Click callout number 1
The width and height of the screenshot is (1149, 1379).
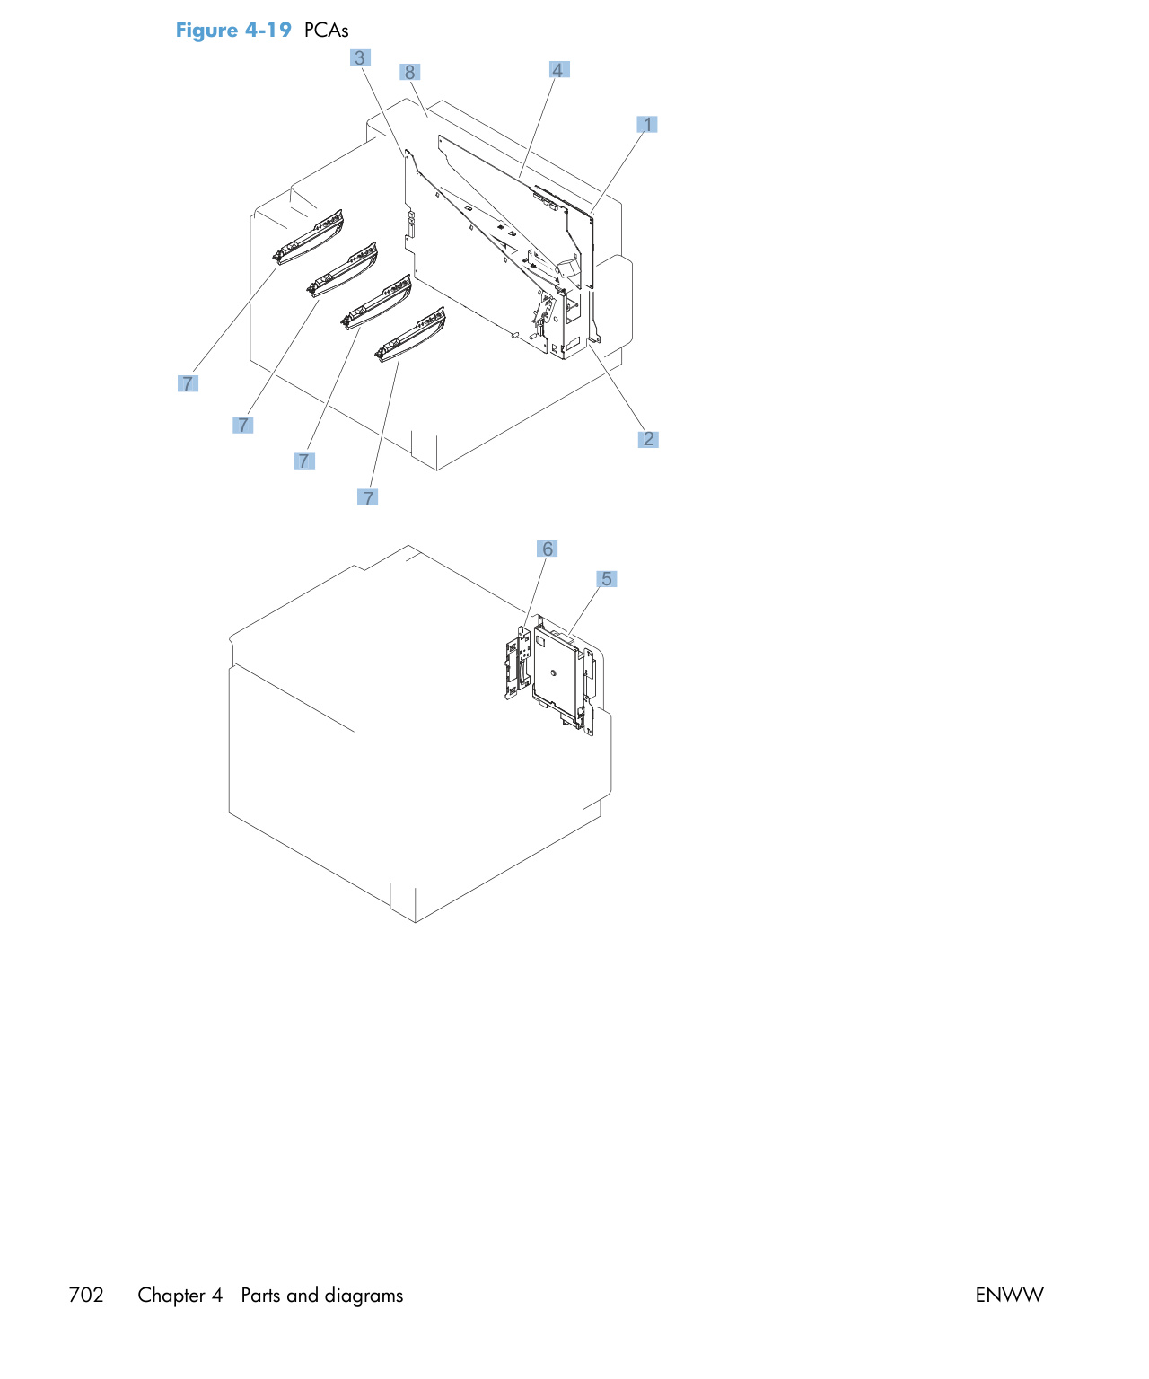646,124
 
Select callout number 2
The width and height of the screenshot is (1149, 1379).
648,438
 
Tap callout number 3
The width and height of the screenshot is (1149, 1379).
360,57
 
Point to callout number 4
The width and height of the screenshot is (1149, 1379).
559,69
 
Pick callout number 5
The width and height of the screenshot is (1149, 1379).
606,578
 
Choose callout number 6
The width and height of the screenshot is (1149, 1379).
547,549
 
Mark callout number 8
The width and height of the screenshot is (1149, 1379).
409,72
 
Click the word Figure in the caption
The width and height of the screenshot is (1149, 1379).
206,31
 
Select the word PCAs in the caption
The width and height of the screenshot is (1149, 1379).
326,31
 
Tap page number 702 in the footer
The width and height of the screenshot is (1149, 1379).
86,1295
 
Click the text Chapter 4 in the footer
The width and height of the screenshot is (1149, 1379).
180,1295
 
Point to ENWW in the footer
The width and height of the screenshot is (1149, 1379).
1009,1295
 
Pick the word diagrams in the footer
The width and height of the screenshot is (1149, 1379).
364,1296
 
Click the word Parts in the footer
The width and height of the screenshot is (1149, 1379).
260,1295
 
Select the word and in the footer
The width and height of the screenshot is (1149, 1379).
302,1295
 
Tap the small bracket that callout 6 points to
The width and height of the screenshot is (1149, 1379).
517,663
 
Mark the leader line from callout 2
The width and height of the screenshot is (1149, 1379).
616,384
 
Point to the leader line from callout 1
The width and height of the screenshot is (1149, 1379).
618,171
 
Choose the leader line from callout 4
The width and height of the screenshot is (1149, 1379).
536,128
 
